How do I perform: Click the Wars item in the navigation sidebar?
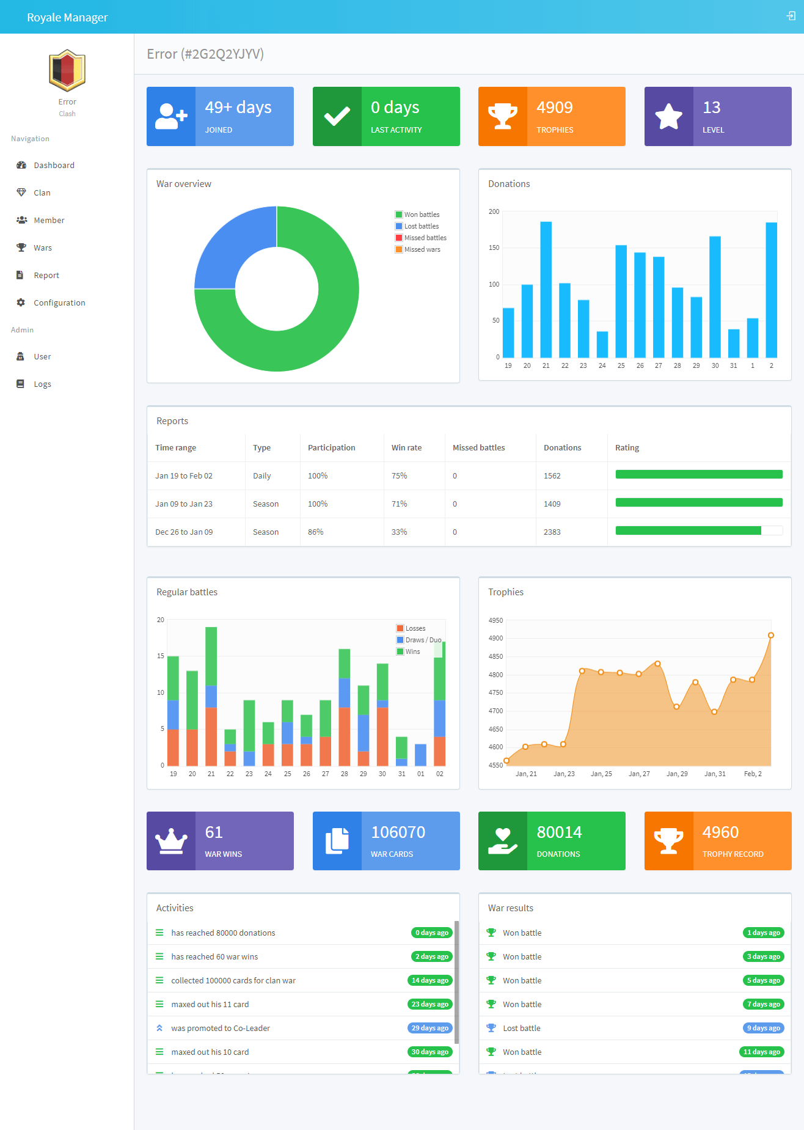pos(42,248)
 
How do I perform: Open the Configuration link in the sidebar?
pos(59,303)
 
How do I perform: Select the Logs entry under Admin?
pos(42,384)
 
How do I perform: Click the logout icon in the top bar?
pos(791,17)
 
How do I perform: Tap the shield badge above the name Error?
pos(67,70)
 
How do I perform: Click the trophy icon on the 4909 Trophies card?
pos(502,116)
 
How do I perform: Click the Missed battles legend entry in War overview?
pos(425,238)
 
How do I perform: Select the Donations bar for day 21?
pos(546,290)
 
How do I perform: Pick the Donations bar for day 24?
pos(602,344)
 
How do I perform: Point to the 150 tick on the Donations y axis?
pos(494,248)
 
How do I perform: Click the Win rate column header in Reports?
pos(406,447)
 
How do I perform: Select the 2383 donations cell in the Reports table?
pos(552,532)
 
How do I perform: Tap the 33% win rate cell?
pos(399,532)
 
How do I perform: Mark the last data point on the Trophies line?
pos(770,636)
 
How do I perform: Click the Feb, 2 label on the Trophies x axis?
pos(753,774)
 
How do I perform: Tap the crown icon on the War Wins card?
pos(171,841)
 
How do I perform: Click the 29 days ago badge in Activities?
pos(429,1028)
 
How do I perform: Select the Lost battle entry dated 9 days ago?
pos(521,1028)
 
